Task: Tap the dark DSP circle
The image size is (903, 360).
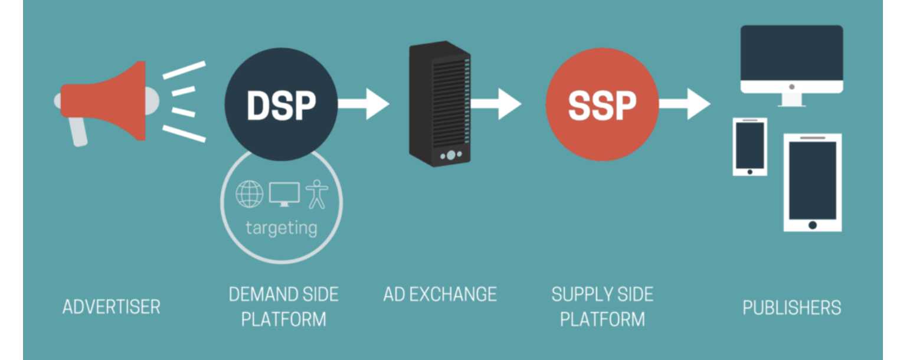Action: tap(281, 104)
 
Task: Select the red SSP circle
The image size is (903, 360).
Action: tap(602, 104)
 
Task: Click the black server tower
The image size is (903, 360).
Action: tap(440, 104)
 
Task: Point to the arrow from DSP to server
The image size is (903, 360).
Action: tap(364, 104)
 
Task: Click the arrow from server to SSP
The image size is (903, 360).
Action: tap(496, 104)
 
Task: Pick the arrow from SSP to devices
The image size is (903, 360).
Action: tap(685, 104)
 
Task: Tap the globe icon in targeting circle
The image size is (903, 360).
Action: tap(249, 194)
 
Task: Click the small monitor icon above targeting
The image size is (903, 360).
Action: tap(284, 194)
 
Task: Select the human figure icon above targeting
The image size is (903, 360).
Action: tap(317, 194)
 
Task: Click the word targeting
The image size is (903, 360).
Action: tap(282, 228)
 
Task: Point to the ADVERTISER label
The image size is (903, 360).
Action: tap(112, 307)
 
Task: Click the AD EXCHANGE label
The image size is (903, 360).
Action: tap(440, 294)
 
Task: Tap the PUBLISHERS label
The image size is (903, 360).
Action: tap(791, 307)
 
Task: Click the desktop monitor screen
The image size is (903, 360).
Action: tap(791, 53)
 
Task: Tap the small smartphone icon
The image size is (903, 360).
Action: tap(750, 147)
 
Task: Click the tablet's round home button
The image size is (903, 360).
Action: tap(813, 225)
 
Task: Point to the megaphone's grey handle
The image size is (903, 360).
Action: tap(78, 132)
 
